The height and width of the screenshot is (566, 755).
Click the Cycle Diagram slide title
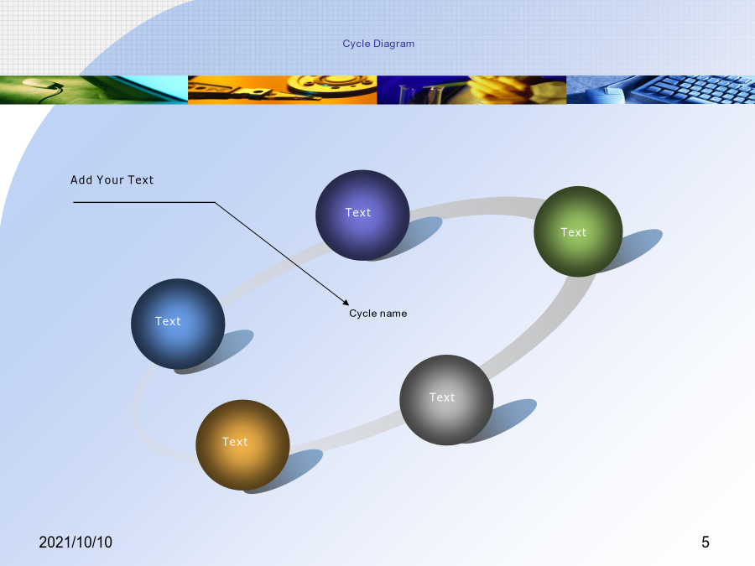378,44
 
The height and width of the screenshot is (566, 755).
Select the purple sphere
362,215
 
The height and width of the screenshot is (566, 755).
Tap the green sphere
578,231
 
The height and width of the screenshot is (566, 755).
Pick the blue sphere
178,324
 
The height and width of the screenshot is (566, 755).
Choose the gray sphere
446,400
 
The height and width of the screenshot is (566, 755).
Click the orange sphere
242,444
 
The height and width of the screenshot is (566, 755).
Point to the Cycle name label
378,314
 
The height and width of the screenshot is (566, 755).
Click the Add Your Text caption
112,180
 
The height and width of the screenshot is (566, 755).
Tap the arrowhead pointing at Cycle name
346,302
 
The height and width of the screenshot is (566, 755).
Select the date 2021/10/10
75,543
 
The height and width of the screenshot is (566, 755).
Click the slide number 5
706,543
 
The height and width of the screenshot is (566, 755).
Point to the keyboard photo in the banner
661,90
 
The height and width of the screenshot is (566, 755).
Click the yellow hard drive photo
282,90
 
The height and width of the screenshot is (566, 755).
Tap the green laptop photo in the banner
94,90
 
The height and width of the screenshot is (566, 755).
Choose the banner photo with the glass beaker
471,90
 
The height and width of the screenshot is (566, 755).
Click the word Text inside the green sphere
574,232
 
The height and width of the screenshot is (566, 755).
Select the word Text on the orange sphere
235,442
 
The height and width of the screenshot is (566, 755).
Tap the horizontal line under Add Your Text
144,202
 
